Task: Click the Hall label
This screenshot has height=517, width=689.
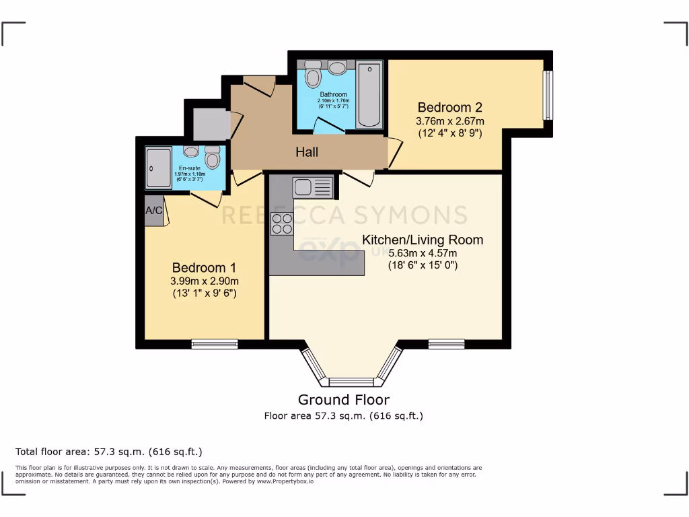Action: pyautogui.click(x=307, y=152)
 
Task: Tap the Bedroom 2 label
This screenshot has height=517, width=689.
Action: pyautogui.click(x=450, y=107)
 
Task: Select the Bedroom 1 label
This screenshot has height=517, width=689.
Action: pyautogui.click(x=204, y=267)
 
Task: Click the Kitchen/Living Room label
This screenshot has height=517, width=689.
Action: pyautogui.click(x=423, y=240)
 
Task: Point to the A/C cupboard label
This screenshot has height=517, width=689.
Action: pyautogui.click(x=154, y=211)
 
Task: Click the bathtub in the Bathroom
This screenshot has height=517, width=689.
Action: pyautogui.click(x=369, y=95)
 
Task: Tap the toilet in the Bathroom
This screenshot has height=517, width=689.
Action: pyautogui.click(x=312, y=75)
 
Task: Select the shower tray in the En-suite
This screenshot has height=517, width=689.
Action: pyautogui.click(x=159, y=168)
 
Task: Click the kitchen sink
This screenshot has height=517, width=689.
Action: pyautogui.click(x=313, y=186)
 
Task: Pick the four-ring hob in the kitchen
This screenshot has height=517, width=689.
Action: pyautogui.click(x=281, y=223)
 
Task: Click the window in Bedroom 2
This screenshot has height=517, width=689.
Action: pyautogui.click(x=548, y=95)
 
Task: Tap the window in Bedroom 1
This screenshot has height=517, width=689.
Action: pyautogui.click(x=215, y=344)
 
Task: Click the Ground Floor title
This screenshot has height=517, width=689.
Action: pyautogui.click(x=344, y=400)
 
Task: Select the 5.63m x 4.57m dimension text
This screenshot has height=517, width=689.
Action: pyautogui.click(x=423, y=253)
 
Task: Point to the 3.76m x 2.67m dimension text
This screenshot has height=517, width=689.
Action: pyautogui.click(x=450, y=121)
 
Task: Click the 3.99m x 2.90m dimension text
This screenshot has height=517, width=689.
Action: pyautogui.click(x=204, y=281)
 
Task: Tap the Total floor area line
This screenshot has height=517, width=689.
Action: pyautogui.click(x=109, y=451)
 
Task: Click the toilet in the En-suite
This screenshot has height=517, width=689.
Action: pyautogui.click(x=213, y=158)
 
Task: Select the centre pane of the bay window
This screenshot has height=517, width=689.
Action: pyautogui.click(x=351, y=382)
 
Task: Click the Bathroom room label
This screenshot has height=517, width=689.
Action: pyautogui.click(x=333, y=94)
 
